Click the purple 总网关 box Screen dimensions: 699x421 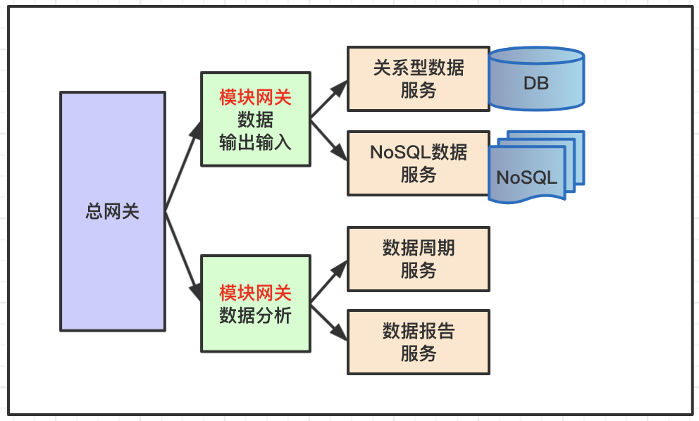coord(113,211)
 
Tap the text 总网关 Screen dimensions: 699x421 coord(112,211)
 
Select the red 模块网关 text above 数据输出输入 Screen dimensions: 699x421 coord(256,97)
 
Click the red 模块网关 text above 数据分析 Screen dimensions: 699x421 coord(256,293)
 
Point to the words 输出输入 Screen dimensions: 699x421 coord(256,142)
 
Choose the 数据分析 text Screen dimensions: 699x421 coord(256,315)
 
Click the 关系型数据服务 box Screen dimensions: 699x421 coord(419,79)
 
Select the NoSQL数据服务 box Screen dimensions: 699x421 coord(419,163)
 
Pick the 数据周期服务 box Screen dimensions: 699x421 coord(419,259)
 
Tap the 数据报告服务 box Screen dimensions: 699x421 coord(419,342)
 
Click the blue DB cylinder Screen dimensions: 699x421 coord(536,78)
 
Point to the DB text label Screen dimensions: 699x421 coord(536,83)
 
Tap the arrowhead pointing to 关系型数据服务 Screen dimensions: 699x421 coord(340,89)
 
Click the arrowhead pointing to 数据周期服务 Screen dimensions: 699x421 coord(340,269)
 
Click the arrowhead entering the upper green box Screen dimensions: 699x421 coord(196,130)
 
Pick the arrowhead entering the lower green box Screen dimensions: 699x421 coord(196,291)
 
